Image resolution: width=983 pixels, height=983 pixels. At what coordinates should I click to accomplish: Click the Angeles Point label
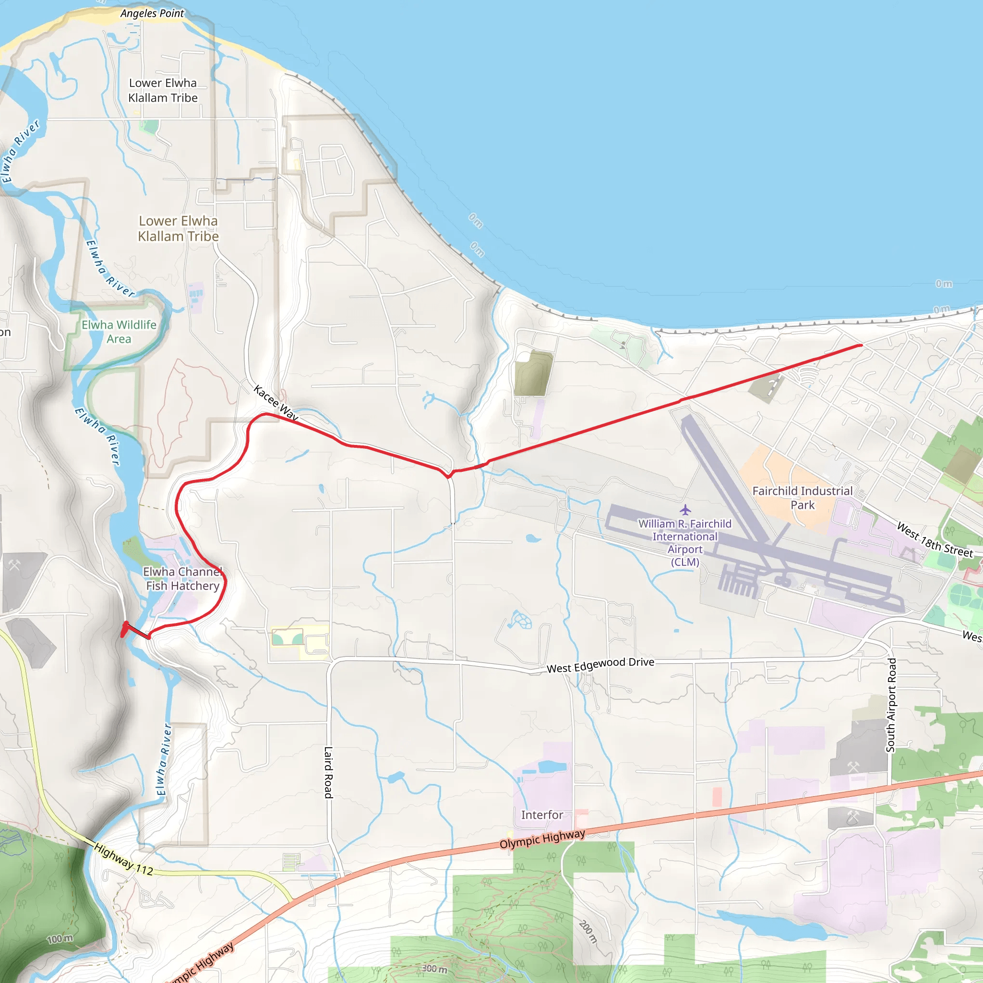coord(152,14)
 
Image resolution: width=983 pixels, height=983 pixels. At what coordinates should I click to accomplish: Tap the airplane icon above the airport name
coord(685,509)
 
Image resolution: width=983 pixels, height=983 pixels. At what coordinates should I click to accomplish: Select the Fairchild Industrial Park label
coord(803,498)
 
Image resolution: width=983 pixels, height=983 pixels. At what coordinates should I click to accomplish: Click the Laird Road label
coord(329,772)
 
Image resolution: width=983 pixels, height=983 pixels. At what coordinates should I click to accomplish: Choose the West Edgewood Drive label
coord(600,665)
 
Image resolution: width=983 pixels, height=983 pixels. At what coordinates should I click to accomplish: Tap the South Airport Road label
coord(891,705)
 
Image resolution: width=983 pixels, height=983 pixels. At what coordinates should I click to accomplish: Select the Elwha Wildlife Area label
coord(119,332)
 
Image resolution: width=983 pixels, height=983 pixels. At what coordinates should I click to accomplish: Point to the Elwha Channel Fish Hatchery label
coord(182,579)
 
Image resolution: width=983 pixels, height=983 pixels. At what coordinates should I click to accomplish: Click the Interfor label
coord(542,815)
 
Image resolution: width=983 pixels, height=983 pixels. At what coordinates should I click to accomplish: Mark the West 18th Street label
coord(934,540)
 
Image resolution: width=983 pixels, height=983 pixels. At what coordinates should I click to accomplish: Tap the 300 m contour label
coord(434,969)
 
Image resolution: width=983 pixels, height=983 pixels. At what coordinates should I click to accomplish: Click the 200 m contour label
coord(587,932)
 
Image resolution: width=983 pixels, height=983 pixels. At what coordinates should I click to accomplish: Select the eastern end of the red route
coord(861,346)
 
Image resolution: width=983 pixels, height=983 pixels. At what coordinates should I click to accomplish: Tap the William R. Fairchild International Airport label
coord(685,543)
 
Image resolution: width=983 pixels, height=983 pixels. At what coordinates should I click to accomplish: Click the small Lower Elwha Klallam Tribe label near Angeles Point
coord(163,90)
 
